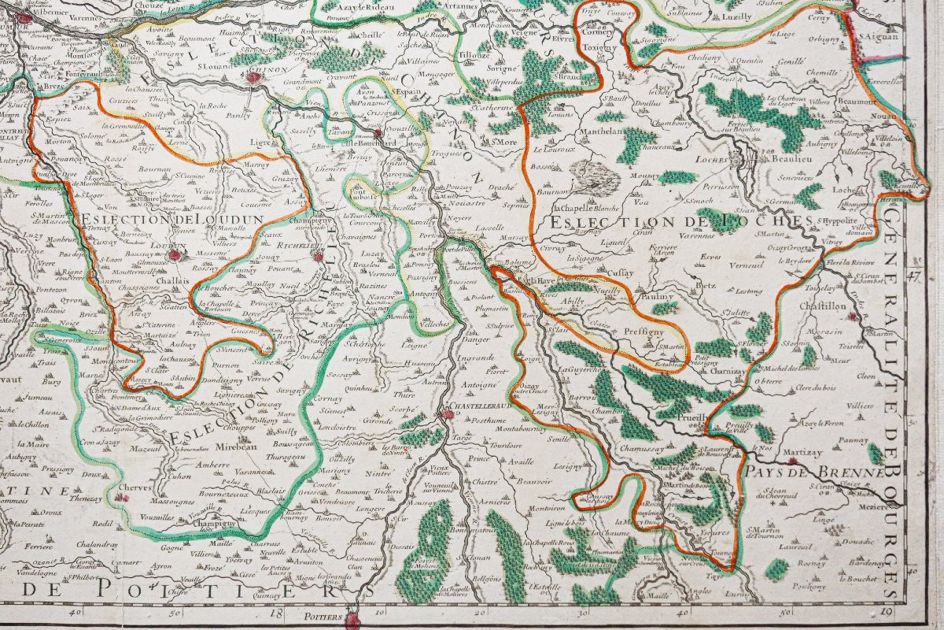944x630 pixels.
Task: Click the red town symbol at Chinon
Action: click(x=253, y=77)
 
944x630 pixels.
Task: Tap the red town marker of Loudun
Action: click(x=175, y=255)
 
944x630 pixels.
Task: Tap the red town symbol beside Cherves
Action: click(x=121, y=498)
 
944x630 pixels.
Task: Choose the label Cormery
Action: click(x=619, y=33)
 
